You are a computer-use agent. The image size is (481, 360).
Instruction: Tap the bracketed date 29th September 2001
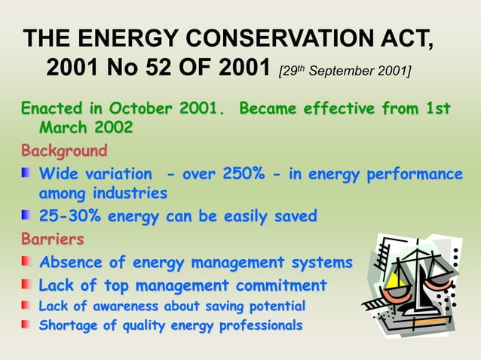pos(345,72)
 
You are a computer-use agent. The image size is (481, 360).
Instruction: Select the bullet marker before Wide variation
pos(26,175)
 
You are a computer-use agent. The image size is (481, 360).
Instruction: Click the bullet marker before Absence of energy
pos(26,263)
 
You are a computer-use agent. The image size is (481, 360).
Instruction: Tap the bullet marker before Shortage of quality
pos(26,325)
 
